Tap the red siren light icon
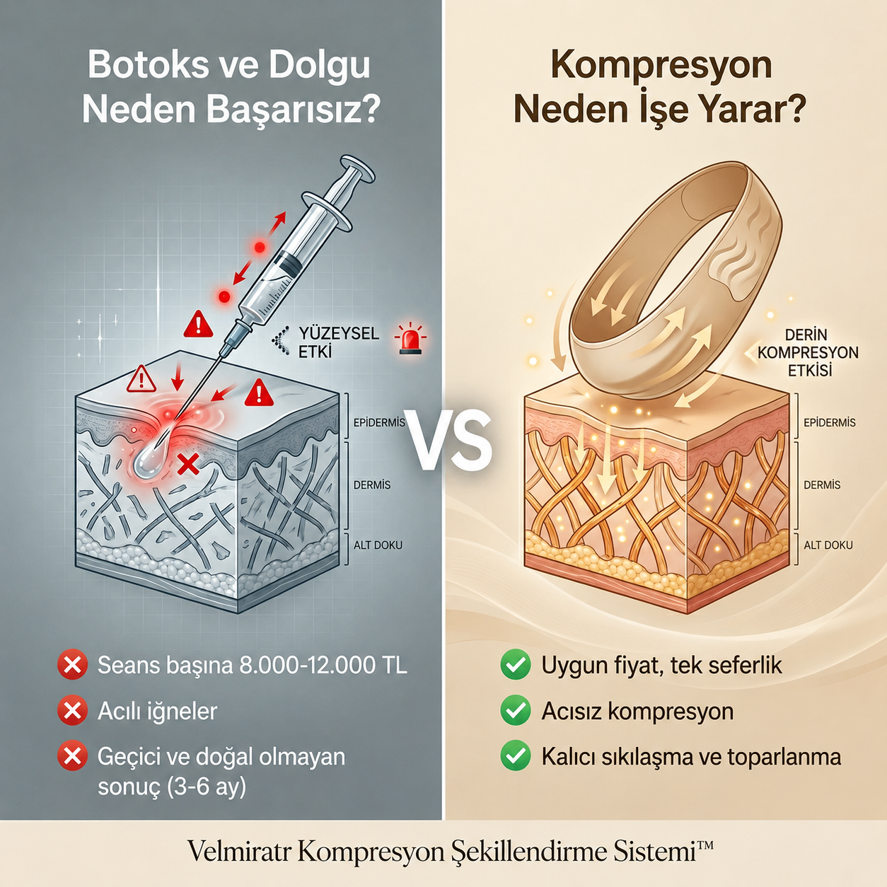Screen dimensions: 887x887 [x=410, y=339]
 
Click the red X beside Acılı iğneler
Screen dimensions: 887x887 [x=72, y=711]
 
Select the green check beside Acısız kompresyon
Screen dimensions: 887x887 [x=516, y=711]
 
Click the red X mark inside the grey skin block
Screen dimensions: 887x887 [x=188, y=463]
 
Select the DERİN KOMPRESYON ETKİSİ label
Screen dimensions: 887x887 [x=808, y=352]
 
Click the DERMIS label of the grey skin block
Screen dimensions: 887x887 [x=372, y=485]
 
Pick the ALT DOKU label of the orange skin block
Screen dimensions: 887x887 [x=828, y=545]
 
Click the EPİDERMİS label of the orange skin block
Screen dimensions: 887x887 [x=830, y=422]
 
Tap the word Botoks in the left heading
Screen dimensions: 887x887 [x=147, y=66]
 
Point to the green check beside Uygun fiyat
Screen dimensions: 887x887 [x=516, y=664]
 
